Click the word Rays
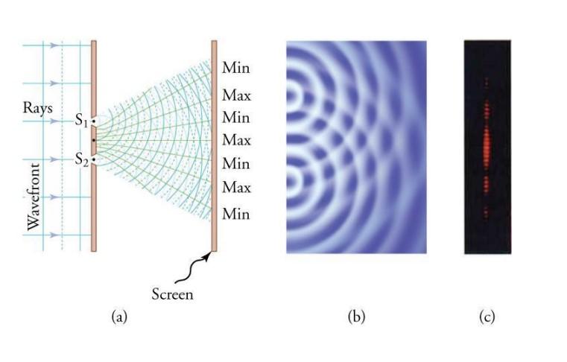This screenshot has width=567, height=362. [x=37, y=108]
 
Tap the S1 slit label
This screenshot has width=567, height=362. [x=81, y=119]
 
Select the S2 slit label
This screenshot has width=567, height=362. [x=81, y=159]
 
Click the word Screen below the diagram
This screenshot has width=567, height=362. [x=172, y=293]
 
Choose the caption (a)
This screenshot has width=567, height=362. [x=118, y=317]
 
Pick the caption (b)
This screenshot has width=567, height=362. [x=356, y=317]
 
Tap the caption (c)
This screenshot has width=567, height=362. [x=487, y=317]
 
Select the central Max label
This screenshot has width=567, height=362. [x=236, y=140]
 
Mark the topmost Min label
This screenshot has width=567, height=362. [x=235, y=68]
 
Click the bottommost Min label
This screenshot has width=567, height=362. [x=235, y=215]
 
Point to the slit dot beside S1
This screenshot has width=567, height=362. [x=94, y=121]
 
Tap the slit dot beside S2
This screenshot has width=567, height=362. [x=94, y=159]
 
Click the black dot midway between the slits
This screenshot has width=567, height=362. [x=94, y=140]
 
